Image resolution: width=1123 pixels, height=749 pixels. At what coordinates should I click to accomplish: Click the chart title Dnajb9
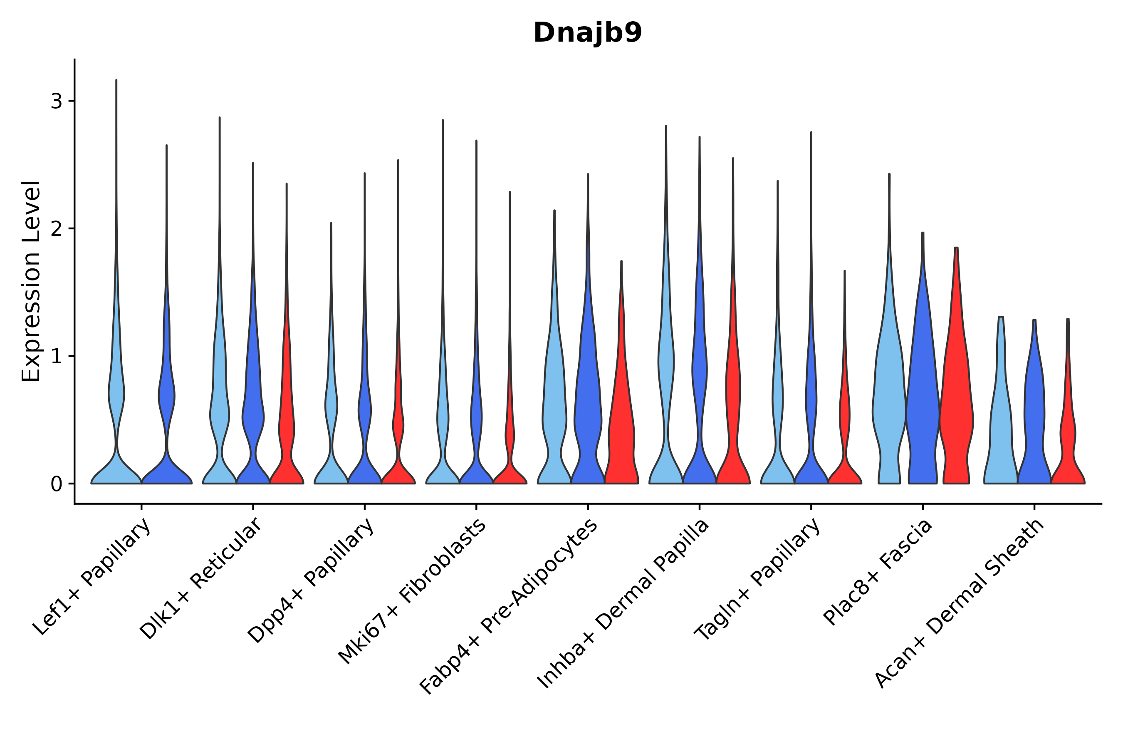pos(587,33)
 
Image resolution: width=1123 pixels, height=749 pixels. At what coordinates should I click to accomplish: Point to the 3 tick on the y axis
pos(56,101)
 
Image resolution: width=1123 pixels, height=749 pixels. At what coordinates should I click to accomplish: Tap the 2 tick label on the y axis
pos(56,229)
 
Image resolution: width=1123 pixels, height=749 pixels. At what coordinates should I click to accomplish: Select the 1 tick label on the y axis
pos(56,356)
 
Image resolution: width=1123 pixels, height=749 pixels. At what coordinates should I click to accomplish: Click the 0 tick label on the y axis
pos(56,484)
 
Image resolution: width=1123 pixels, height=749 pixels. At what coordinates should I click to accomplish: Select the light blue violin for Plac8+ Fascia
pos(889,406)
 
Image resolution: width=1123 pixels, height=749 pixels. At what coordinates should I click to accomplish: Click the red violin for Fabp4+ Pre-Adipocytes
pos(621,420)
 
